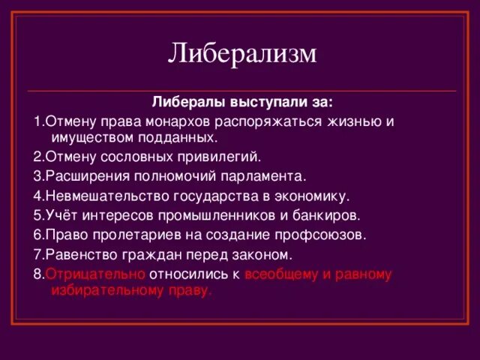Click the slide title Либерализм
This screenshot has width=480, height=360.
coord(242,53)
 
